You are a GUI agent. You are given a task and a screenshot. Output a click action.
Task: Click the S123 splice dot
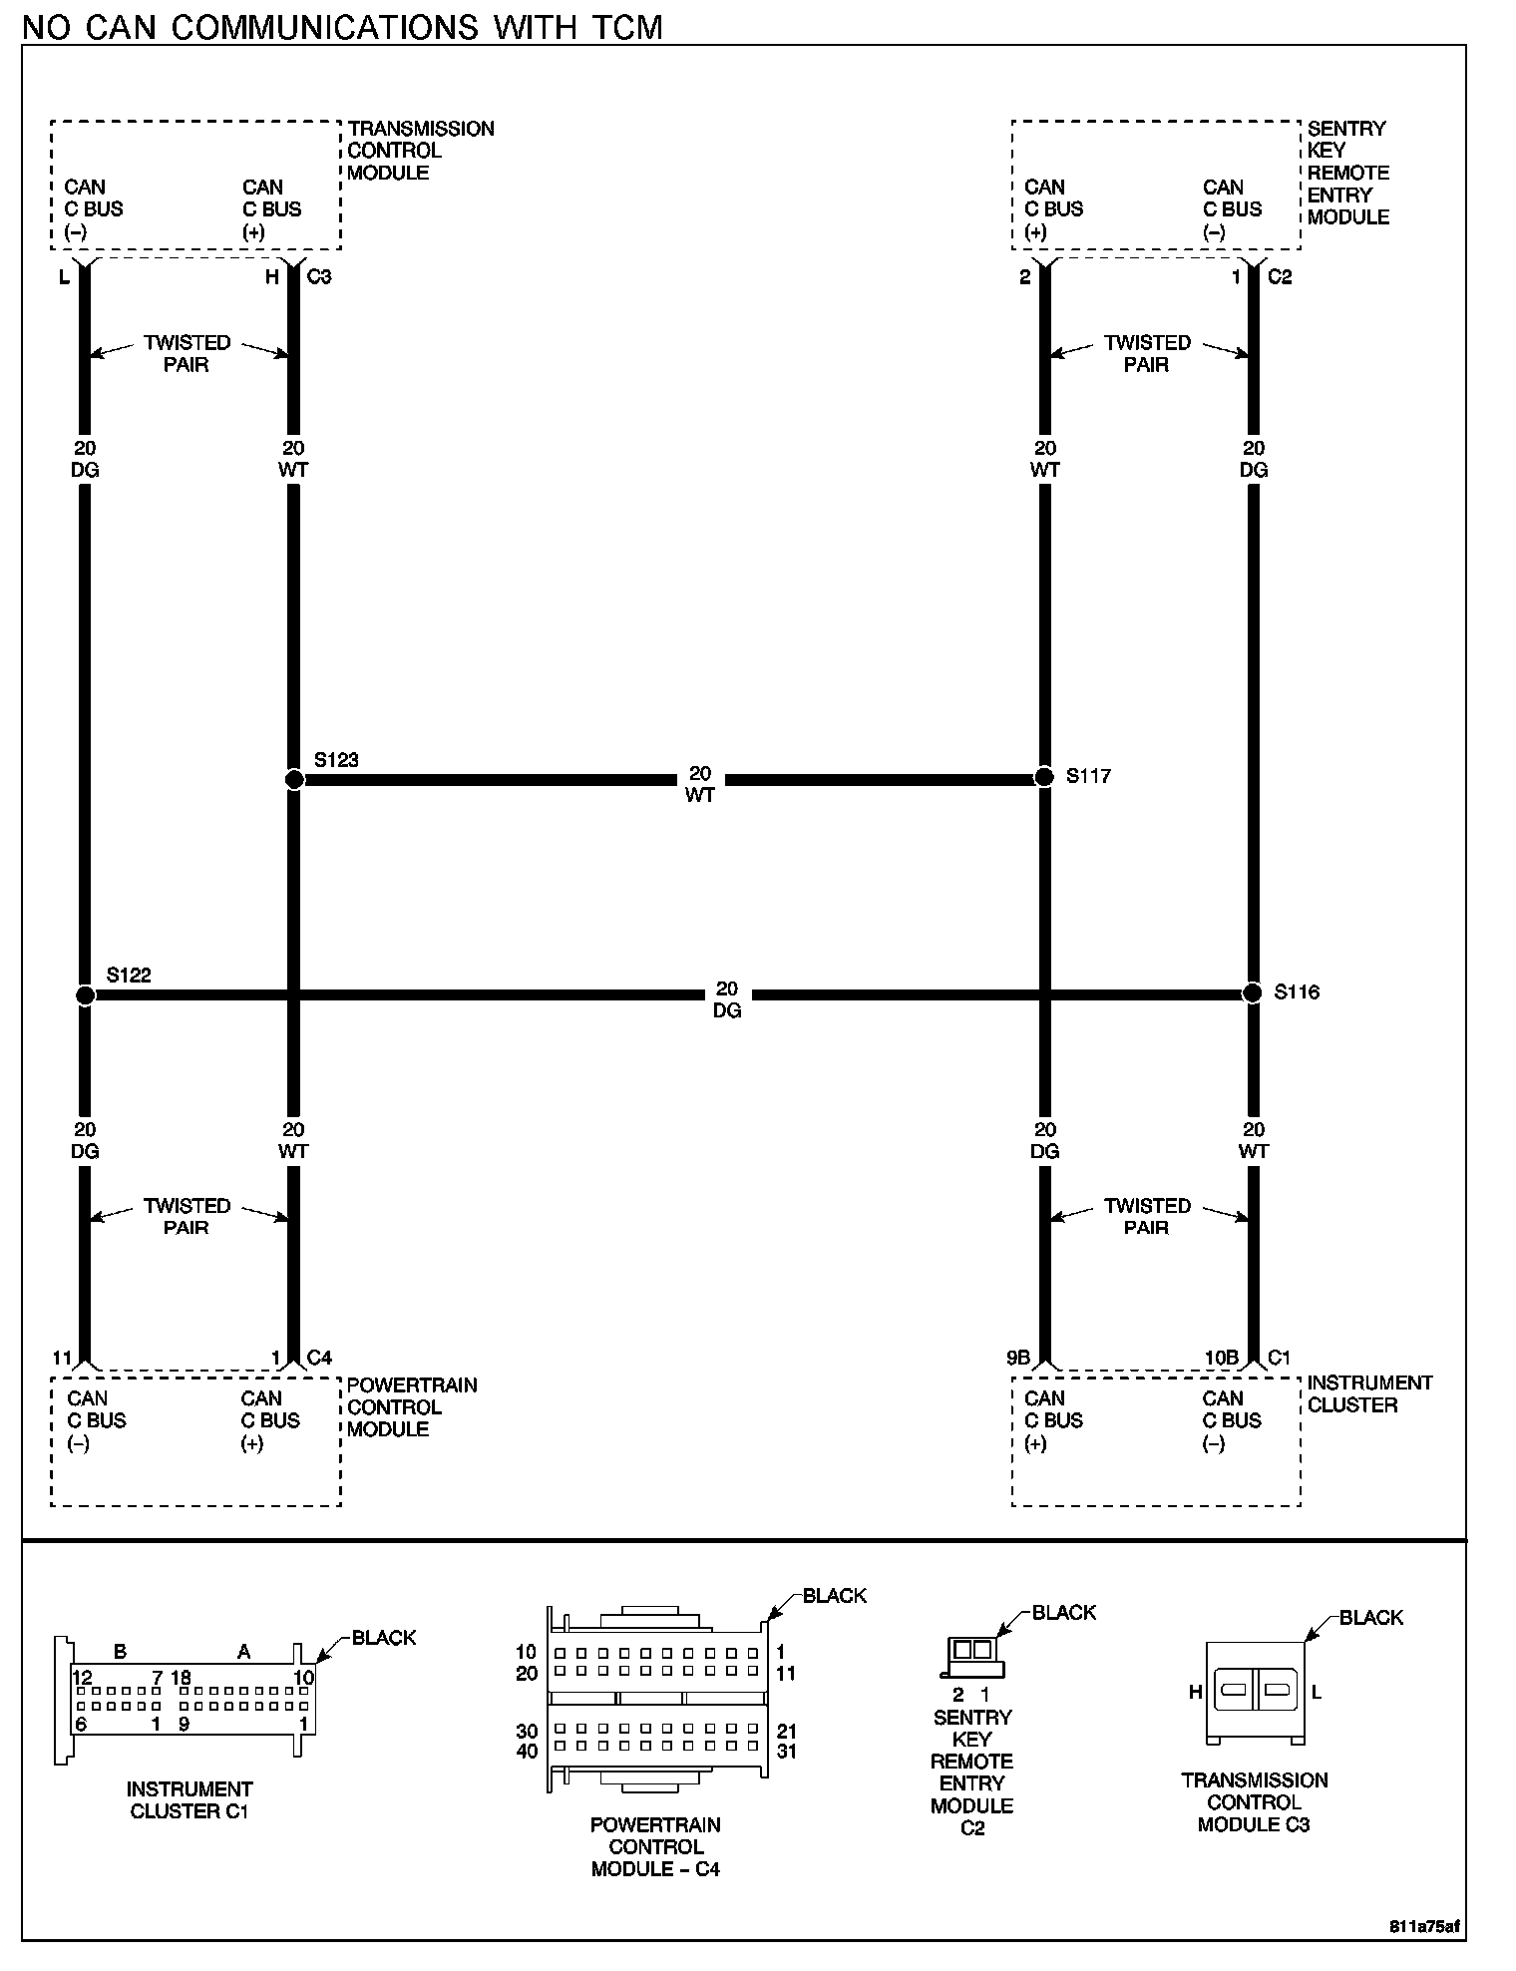click(294, 779)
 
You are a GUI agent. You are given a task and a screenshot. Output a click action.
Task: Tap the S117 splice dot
click(1044, 776)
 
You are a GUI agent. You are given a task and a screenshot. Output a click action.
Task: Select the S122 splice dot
click(86, 994)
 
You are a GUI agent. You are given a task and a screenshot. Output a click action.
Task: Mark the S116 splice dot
click(1253, 992)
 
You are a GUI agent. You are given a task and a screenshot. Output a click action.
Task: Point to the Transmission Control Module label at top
click(420, 151)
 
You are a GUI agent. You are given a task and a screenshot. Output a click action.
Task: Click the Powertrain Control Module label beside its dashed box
click(411, 1406)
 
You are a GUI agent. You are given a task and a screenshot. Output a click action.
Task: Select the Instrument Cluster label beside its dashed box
click(1369, 1393)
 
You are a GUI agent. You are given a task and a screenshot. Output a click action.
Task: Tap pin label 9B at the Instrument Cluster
click(1017, 1358)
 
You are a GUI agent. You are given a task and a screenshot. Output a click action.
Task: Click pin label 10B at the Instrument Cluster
click(1222, 1358)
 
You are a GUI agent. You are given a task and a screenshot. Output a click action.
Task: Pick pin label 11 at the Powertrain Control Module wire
click(62, 1358)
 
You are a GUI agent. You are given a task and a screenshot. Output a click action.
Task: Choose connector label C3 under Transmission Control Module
click(319, 276)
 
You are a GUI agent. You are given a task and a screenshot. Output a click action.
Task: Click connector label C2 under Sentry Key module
click(1280, 276)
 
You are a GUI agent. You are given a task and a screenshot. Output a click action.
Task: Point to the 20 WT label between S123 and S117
click(700, 784)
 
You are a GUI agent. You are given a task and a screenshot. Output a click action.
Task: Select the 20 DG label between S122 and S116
click(727, 999)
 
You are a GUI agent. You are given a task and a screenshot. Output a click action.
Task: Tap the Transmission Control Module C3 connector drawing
click(1255, 1692)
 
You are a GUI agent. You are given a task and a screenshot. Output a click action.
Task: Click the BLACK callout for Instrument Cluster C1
click(384, 1637)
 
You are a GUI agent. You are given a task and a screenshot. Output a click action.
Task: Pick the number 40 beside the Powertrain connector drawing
click(527, 1752)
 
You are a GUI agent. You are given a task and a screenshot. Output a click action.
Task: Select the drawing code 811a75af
click(1424, 1926)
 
